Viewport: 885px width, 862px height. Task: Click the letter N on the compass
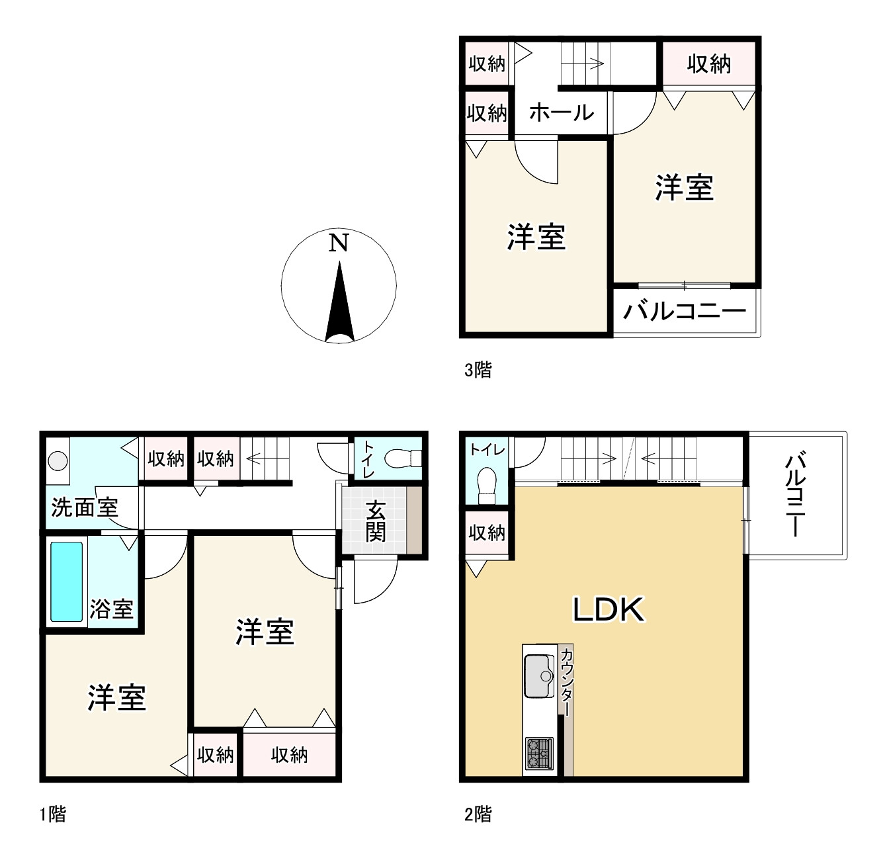coord(339,243)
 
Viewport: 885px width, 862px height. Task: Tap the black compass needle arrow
coord(340,304)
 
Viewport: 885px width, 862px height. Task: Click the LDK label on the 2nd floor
coord(608,609)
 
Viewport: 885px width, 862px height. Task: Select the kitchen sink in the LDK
coord(540,675)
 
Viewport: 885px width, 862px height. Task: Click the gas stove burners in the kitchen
coord(538,752)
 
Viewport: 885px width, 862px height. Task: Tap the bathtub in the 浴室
coord(67,582)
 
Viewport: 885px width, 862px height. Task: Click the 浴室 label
coord(112,609)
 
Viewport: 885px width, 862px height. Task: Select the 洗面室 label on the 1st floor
coord(85,508)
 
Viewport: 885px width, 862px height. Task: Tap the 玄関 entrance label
coord(375,521)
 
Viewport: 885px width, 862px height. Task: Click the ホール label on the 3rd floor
coord(561,112)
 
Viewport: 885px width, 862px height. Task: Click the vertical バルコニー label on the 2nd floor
coord(796,495)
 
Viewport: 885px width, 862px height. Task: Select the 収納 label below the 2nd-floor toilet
coord(487,533)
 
